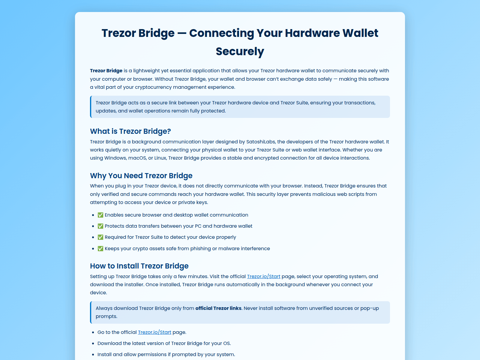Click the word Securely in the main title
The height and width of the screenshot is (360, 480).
[240, 52]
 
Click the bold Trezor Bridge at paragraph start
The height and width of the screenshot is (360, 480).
[106, 71]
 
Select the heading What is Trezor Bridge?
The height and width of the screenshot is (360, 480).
[130, 131]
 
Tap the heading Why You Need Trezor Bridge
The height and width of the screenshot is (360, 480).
[141, 176]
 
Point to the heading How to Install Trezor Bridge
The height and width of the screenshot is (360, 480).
[139, 266]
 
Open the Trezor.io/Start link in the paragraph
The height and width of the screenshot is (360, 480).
[263, 277]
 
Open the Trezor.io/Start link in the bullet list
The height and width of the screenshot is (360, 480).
[154, 332]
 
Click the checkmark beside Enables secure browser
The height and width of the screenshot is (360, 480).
[100, 215]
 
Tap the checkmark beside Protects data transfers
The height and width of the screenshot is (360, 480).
[100, 226]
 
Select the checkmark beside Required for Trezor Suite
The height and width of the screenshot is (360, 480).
[100, 237]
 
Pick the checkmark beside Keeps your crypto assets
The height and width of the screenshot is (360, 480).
[100, 249]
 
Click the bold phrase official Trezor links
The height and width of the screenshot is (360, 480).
[218, 308]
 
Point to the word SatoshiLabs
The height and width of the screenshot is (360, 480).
[261, 142]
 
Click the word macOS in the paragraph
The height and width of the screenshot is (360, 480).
[137, 158]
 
